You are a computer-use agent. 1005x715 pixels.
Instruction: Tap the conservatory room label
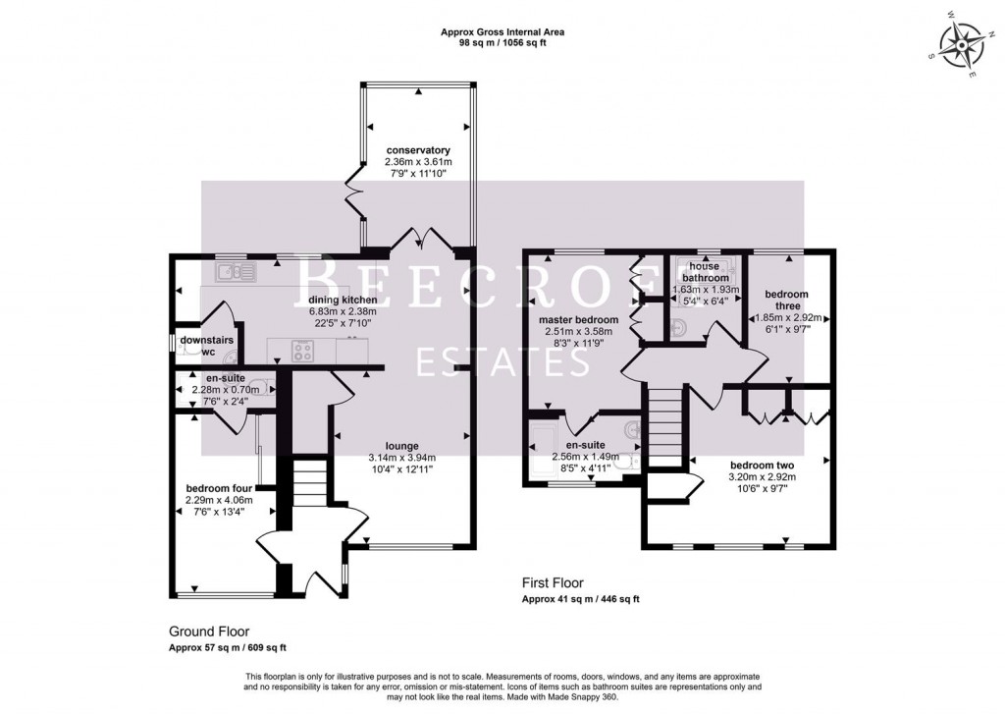pyautogui.click(x=419, y=150)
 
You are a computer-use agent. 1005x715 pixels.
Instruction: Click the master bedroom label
pyautogui.click(x=579, y=319)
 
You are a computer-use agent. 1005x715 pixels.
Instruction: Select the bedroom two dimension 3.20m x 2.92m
pyautogui.click(x=762, y=477)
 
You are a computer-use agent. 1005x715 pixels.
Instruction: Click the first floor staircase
pyautogui.click(x=665, y=422)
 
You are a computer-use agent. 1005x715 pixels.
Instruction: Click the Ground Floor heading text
pyautogui.click(x=208, y=632)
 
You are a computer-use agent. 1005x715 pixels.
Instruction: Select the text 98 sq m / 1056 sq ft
pyautogui.click(x=502, y=44)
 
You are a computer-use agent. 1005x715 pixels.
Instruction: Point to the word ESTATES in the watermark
pyautogui.click(x=502, y=360)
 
